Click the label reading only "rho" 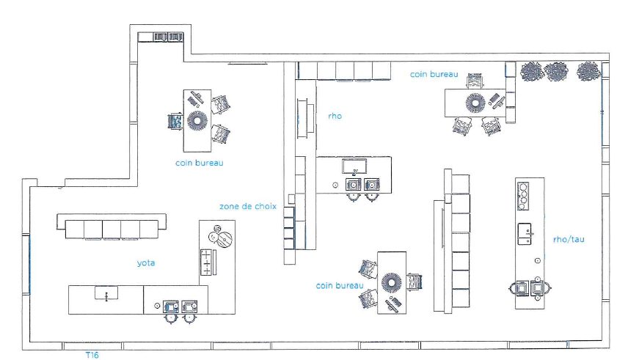coord(335,115)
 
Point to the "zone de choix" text coord(248,206)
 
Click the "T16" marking coord(92,355)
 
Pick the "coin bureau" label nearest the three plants coord(434,74)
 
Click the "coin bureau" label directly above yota coord(199,163)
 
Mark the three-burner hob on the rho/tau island coord(525,193)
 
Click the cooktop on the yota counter coord(208,261)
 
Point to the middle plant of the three coord(556,71)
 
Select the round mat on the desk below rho coord(391,282)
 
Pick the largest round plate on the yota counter coord(224,239)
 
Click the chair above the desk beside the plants coord(475,78)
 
